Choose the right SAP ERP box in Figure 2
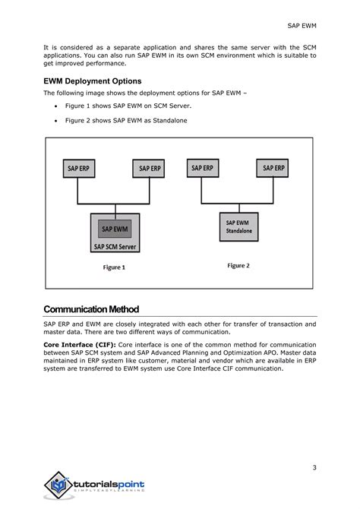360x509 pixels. pos(274,169)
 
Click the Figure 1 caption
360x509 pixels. pos(114,267)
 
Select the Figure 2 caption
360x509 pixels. pos(238,266)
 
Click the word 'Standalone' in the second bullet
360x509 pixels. pos(167,121)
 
